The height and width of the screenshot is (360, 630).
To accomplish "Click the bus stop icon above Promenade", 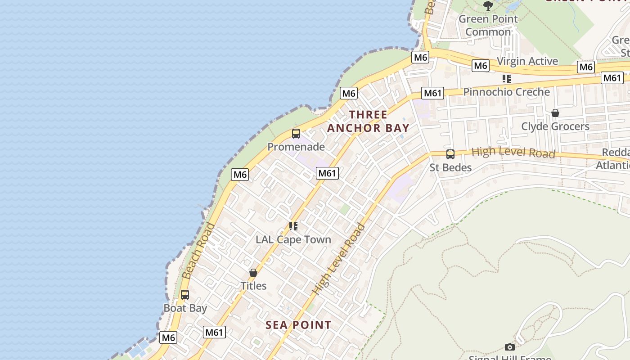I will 296,134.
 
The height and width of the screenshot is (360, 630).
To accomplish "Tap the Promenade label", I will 296,147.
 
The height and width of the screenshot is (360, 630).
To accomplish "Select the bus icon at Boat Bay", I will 185,295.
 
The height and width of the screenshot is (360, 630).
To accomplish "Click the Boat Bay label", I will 185,308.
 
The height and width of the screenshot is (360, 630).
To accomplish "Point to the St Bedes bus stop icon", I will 450,154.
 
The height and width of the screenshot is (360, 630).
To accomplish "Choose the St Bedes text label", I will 450,167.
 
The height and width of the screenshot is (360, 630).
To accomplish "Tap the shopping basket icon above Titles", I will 253,273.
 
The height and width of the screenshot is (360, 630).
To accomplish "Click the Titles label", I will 253,286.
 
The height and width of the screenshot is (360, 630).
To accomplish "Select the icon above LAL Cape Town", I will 293,226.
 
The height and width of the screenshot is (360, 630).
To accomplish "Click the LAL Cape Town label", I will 293,239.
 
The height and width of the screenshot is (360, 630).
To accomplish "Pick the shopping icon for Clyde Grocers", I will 555,113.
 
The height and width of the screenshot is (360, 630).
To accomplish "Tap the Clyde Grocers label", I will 555,126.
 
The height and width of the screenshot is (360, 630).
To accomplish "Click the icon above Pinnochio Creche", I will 507,79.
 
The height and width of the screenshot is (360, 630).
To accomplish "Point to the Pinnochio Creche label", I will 507,92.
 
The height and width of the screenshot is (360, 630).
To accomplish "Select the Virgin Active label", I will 527,61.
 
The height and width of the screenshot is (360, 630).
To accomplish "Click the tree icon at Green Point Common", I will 488,5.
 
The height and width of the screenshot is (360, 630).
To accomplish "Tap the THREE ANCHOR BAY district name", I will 368,121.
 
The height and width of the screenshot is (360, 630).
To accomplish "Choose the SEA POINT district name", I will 298,325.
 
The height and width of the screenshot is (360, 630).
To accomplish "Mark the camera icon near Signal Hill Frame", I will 510,347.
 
